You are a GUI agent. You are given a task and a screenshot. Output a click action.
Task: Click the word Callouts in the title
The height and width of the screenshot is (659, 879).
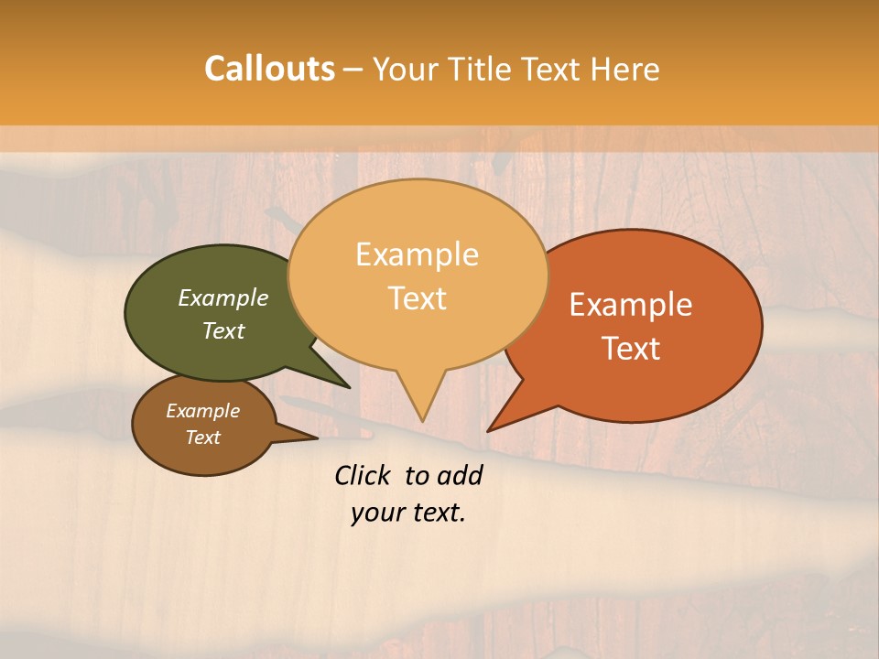click(x=269, y=69)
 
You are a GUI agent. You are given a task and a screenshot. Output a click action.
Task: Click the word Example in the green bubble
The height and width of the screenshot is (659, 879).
click(x=223, y=297)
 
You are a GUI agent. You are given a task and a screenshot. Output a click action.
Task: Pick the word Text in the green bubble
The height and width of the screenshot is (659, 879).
click(x=223, y=330)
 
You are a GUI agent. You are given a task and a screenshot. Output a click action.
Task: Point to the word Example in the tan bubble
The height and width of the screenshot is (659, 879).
click(x=417, y=254)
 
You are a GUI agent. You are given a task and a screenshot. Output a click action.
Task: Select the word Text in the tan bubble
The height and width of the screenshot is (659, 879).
click(x=418, y=298)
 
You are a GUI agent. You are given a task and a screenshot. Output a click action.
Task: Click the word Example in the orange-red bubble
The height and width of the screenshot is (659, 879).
click(x=631, y=305)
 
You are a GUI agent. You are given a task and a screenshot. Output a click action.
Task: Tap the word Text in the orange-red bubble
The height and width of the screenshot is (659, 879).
click(x=631, y=349)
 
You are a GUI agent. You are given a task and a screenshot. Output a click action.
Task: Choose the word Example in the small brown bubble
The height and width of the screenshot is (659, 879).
click(x=203, y=411)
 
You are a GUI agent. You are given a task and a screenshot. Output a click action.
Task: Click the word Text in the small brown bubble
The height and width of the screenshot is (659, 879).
click(x=203, y=438)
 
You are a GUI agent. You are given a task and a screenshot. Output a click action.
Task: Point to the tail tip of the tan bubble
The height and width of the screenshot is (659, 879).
click(x=422, y=420)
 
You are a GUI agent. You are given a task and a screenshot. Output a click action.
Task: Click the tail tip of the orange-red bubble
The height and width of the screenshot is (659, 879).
click(x=489, y=430)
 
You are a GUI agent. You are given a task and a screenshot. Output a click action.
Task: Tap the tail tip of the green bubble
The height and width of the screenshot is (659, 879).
click(x=349, y=387)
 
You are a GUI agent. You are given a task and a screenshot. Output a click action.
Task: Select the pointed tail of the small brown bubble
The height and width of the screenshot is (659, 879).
click(x=315, y=438)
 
